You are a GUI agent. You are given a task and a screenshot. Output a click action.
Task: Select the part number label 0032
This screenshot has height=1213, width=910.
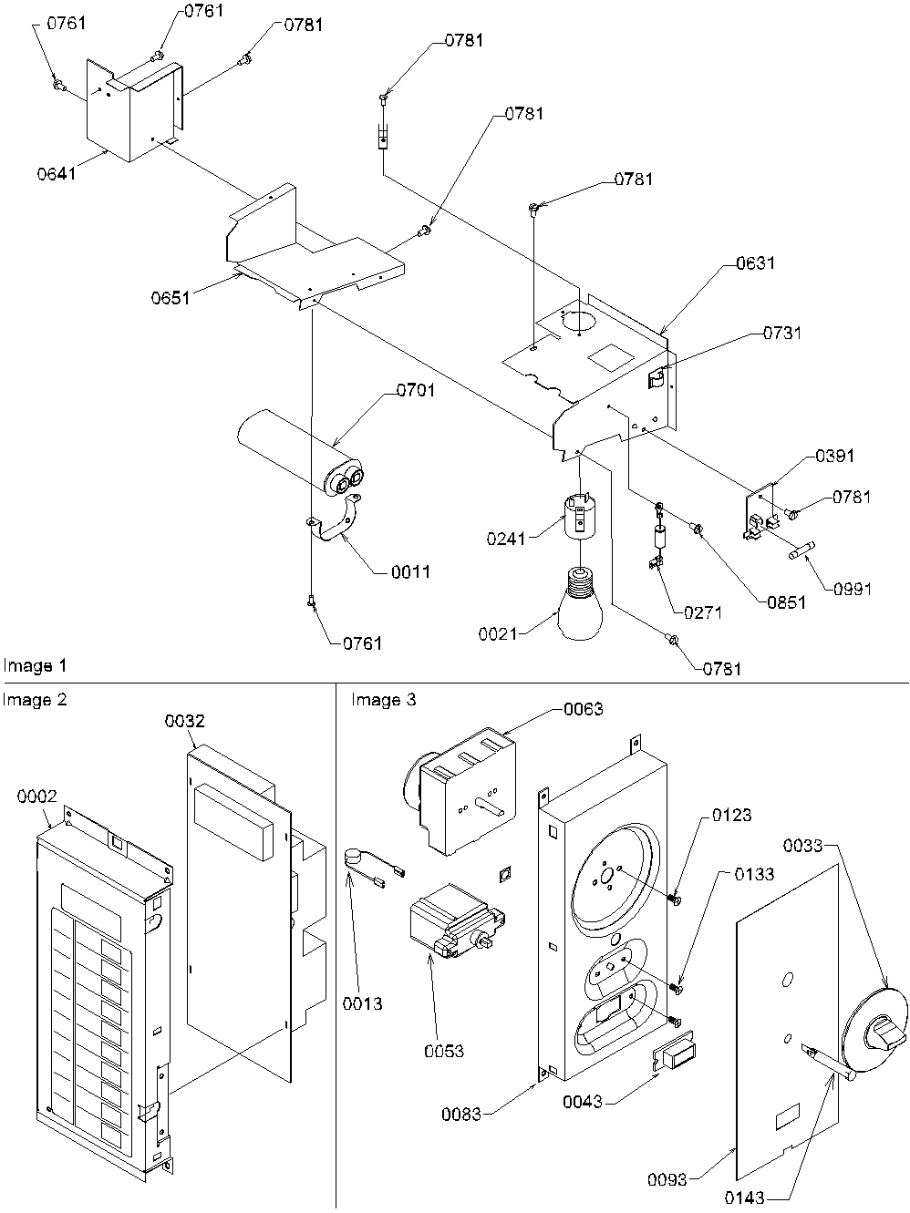pos(184,721)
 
